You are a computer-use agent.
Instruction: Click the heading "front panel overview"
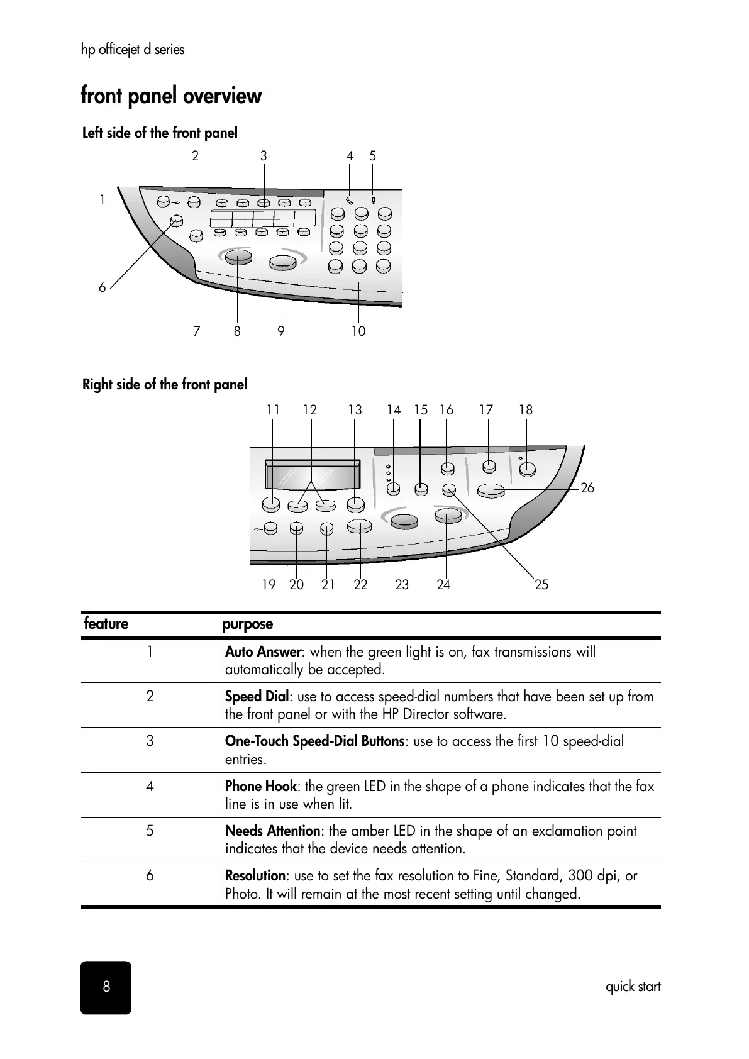pyautogui.click(x=171, y=96)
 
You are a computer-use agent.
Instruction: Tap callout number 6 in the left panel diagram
pyautogui.click(x=103, y=287)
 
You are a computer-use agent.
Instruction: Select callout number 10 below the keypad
pyautogui.click(x=358, y=331)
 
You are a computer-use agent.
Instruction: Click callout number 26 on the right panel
pyautogui.click(x=587, y=488)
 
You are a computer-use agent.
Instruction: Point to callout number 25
pyautogui.click(x=541, y=585)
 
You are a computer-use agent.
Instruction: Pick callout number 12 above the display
pyautogui.click(x=310, y=410)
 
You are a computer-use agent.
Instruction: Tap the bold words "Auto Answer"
pyautogui.click(x=264, y=652)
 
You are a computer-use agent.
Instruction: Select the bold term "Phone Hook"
pyautogui.click(x=260, y=787)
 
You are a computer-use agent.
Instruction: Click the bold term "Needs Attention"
pyautogui.click(x=273, y=831)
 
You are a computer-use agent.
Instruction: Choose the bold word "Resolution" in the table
pyautogui.click(x=255, y=876)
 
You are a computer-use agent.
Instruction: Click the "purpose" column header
pyautogui.click(x=248, y=624)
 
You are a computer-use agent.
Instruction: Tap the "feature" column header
pyautogui.click(x=106, y=624)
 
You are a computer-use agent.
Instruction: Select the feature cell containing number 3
pyautogui.click(x=150, y=741)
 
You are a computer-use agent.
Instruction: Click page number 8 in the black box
pyautogui.click(x=106, y=987)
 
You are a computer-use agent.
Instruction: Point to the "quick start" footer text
pyautogui.click(x=633, y=987)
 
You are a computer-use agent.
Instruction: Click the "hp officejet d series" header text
pyautogui.click(x=133, y=50)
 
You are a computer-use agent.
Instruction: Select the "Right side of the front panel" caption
pyautogui.click(x=165, y=384)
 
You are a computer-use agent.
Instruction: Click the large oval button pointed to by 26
pyautogui.click(x=491, y=491)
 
